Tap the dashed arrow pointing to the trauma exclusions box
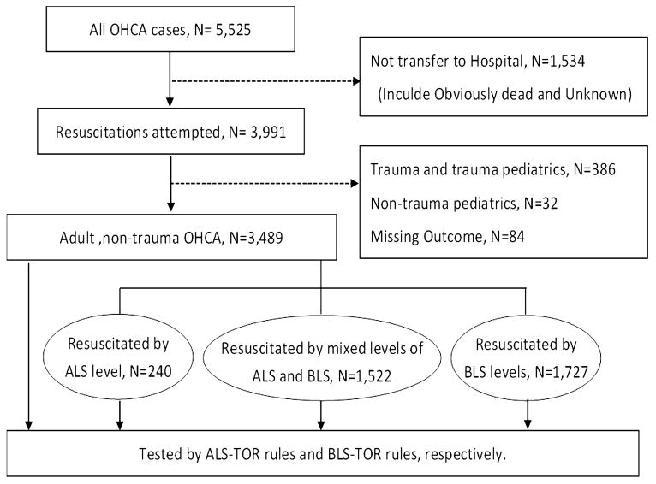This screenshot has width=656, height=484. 265,184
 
